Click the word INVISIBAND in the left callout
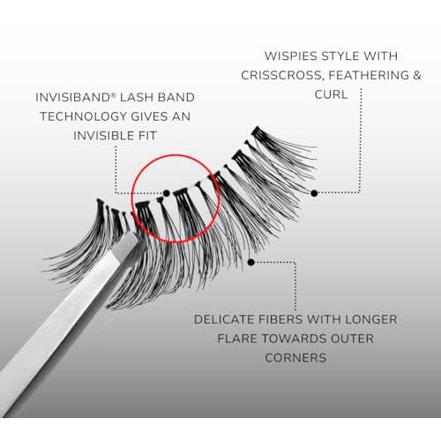(72, 97)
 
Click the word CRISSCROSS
(282, 75)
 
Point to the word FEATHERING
(369, 75)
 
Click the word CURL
(331, 94)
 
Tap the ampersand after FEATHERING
(417, 75)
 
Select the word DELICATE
(224, 319)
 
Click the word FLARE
(237, 339)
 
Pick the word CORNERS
(295, 358)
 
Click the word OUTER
(353, 339)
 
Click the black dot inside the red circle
(167, 193)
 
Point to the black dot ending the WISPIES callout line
(314, 193)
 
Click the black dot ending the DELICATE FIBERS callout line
(250, 262)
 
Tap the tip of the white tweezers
(130, 235)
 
